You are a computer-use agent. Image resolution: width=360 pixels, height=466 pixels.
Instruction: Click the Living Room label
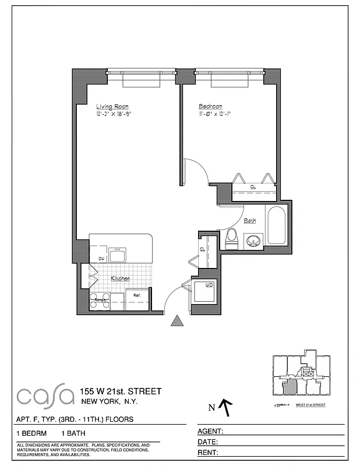[112, 107]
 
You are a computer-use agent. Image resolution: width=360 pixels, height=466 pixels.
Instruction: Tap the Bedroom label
[210, 107]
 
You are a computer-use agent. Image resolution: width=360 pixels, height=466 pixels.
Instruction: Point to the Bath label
[250, 221]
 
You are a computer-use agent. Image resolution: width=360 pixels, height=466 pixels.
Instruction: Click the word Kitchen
[121, 278]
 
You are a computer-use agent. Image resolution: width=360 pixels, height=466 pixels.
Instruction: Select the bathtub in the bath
[276, 225]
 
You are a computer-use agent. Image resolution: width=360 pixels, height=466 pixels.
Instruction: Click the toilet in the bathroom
[231, 238]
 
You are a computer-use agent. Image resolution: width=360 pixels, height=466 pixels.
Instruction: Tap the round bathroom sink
[254, 239]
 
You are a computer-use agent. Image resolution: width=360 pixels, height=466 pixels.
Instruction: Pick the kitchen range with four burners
[100, 301]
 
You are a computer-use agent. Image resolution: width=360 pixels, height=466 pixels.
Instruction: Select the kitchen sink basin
[117, 255]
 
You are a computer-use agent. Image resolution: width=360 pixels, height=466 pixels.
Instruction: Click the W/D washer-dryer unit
[205, 291]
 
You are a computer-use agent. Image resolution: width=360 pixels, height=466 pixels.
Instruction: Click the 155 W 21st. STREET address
[121, 391]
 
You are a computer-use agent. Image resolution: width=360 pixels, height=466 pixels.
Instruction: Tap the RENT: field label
[209, 452]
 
